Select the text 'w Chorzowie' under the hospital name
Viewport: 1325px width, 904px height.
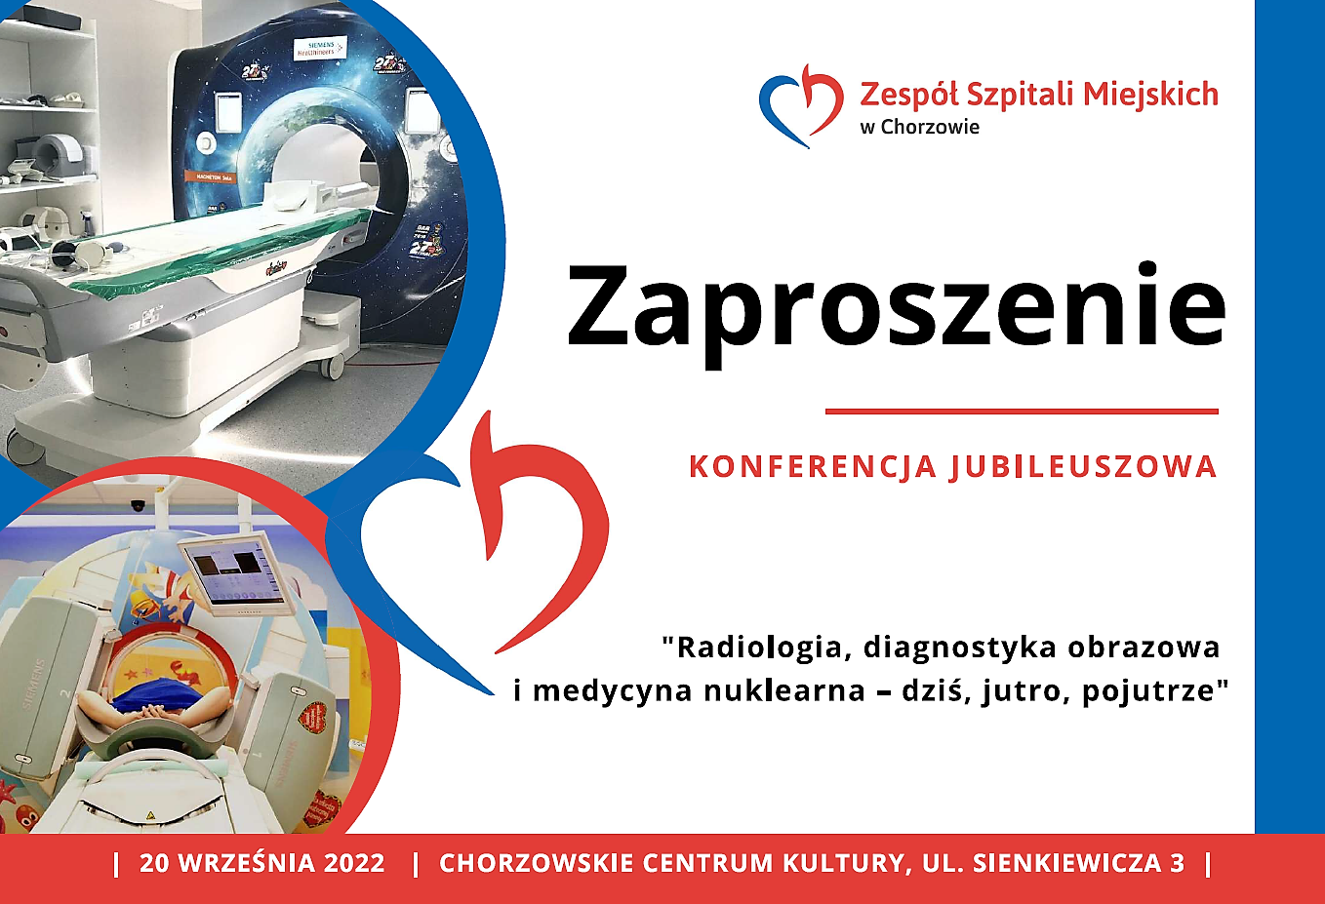920,127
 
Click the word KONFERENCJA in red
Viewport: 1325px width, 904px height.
814,466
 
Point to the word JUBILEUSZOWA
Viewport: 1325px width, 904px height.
1083,467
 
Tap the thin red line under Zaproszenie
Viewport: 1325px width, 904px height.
1022,412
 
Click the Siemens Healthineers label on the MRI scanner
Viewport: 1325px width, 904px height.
321,48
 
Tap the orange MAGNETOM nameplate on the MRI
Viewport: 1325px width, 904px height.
207,176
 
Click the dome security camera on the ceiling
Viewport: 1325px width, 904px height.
138,505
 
